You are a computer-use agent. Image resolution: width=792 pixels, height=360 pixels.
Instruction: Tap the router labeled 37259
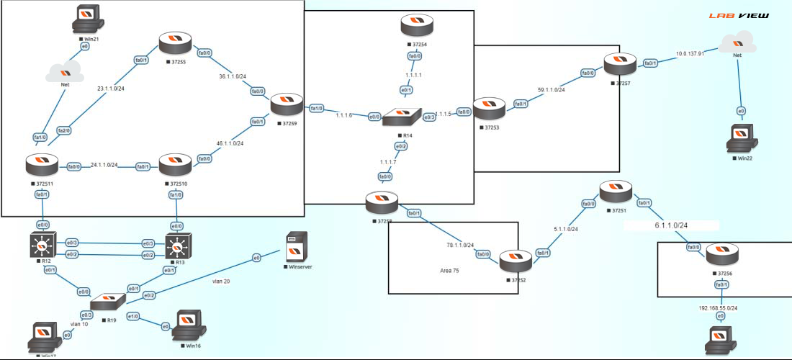tap(287, 106)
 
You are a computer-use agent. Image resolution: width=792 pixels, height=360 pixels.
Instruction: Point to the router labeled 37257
tap(621, 66)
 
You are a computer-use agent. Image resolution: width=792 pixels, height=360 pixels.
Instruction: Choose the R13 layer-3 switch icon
tap(177, 247)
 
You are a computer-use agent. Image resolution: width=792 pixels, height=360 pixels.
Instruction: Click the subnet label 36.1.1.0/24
tap(233, 76)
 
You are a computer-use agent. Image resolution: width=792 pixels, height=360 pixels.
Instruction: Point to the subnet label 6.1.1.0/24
tap(670, 225)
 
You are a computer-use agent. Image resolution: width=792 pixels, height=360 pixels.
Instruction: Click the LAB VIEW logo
tap(738, 15)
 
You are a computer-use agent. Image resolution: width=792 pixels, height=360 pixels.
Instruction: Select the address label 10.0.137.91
tap(690, 53)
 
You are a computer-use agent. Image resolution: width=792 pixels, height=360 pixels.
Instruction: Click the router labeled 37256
tap(721, 255)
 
